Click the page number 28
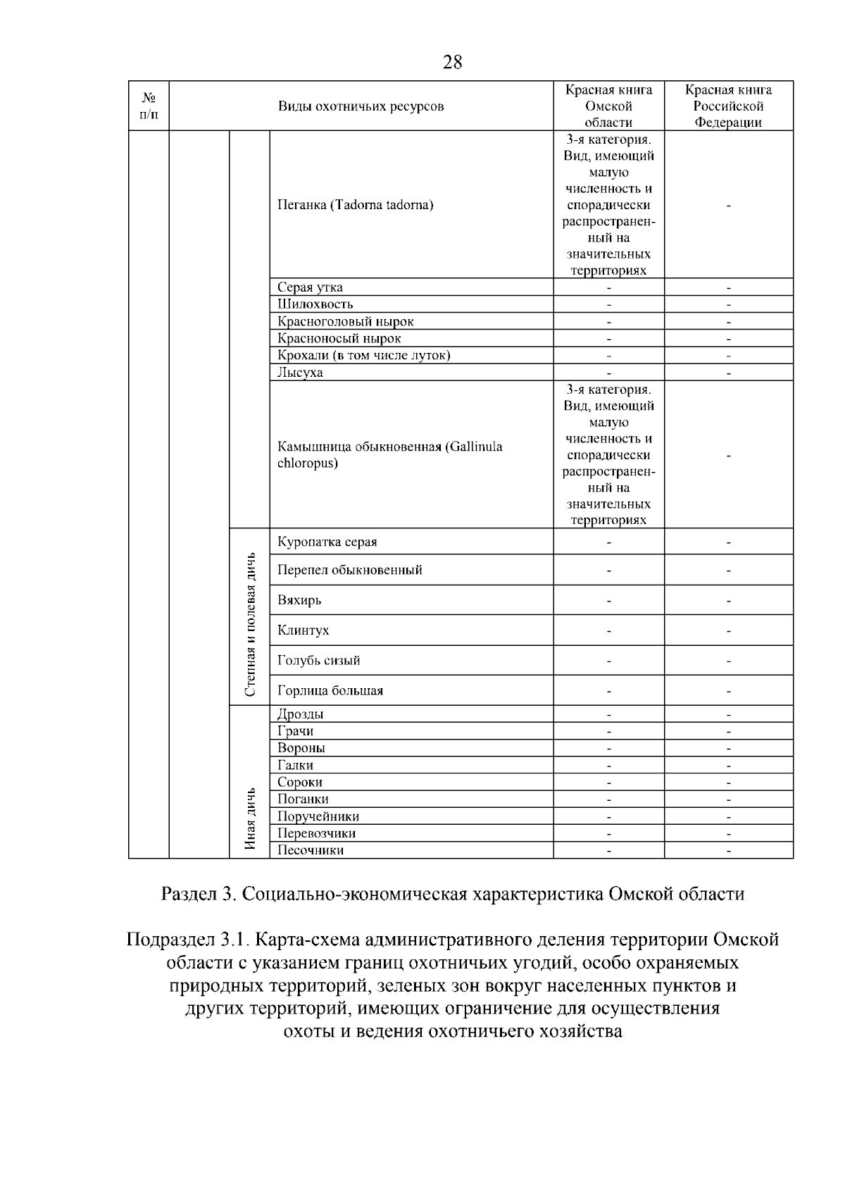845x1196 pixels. (452, 63)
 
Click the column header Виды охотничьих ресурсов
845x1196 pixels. (361, 106)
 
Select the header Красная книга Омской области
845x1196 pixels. (608, 106)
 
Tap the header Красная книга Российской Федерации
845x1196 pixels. (728, 106)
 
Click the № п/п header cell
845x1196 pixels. (149, 106)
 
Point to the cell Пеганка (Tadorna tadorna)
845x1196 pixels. (355, 205)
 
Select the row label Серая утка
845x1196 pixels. (310, 287)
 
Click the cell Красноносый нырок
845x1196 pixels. (339, 338)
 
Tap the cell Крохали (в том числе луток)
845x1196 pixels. (363, 355)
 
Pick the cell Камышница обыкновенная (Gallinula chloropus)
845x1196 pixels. (389, 455)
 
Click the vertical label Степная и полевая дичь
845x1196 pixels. (250, 624)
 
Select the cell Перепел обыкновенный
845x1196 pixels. (349, 570)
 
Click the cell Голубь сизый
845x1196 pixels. (318, 661)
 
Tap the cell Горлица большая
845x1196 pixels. (330, 690)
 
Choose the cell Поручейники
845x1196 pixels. (318, 816)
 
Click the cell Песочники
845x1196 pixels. (310, 850)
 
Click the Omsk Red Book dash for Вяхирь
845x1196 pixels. (608, 601)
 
